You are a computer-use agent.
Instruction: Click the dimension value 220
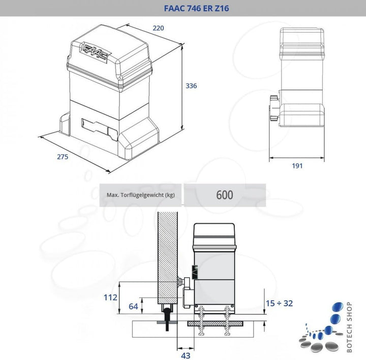point(159,28)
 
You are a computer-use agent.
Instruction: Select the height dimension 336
point(191,86)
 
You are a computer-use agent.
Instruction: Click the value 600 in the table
point(224,195)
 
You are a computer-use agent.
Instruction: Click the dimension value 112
point(110,297)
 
